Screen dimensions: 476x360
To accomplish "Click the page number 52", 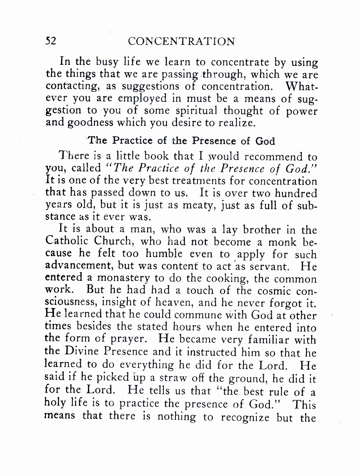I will (x=51, y=41).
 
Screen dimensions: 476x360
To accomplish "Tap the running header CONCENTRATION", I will (x=181, y=41).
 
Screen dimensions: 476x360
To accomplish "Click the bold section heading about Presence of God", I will (x=181, y=141).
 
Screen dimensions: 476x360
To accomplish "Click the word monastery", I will (x=125, y=279).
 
